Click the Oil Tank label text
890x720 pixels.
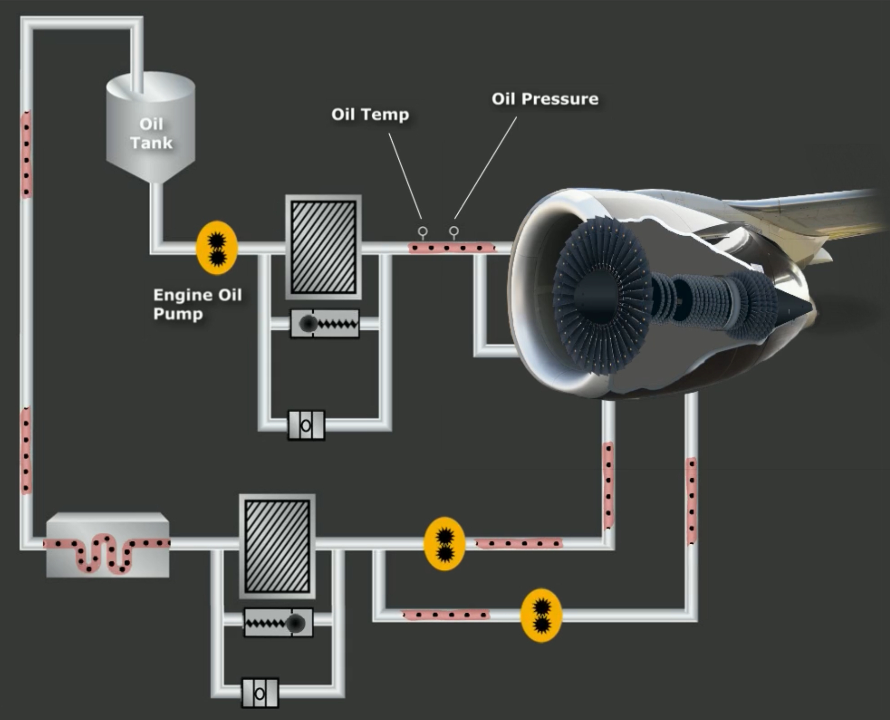click(x=151, y=134)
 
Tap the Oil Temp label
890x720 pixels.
click(x=370, y=114)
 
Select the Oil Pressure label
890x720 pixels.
click(x=545, y=99)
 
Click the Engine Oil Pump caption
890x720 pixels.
click(x=197, y=304)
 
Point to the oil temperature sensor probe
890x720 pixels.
click(x=423, y=232)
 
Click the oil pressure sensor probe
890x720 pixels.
click(x=454, y=231)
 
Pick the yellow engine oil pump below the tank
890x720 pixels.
click(x=217, y=248)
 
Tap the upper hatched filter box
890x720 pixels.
click(x=324, y=247)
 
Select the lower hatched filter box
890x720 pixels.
click(x=277, y=546)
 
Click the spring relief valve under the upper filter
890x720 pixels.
click(x=325, y=324)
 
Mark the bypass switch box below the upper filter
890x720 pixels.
click(x=306, y=425)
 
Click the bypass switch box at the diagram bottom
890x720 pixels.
click(x=260, y=693)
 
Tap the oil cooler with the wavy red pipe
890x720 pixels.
click(x=108, y=545)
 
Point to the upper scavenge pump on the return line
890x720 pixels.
click(x=444, y=544)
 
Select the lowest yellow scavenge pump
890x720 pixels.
click(x=541, y=615)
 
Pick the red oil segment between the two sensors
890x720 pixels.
click(x=438, y=248)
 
